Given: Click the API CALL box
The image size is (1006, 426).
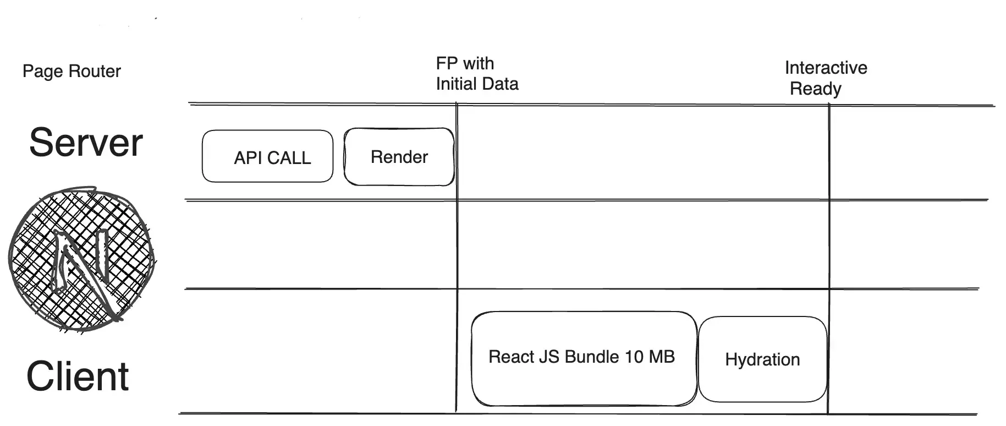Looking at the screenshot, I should pyautogui.click(x=267, y=156).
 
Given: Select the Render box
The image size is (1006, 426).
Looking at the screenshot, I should pyautogui.click(x=399, y=157).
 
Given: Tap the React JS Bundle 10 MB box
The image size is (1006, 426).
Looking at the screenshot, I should pyautogui.click(x=583, y=358).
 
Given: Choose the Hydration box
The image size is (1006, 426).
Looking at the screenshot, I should pyautogui.click(x=762, y=359).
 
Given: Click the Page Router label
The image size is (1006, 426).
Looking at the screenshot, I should pyautogui.click(x=72, y=72).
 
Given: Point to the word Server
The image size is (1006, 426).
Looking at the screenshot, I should pyautogui.click(x=86, y=143).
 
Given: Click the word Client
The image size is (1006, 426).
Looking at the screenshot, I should pyautogui.click(x=78, y=377).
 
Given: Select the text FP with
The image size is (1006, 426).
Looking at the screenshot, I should pyautogui.click(x=465, y=63).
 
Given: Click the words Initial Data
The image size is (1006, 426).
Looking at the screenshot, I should pyautogui.click(x=477, y=84).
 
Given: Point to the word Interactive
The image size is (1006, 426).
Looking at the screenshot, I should pyautogui.click(x=826, y=68).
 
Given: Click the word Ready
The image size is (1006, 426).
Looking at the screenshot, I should pyautogui.click(x=815, y=89).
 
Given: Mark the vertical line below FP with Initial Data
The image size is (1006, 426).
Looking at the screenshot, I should pyautogui.click(x=457, y=248).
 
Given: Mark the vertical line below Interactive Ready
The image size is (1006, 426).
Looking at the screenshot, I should pyautogui.click(x=829, y=248).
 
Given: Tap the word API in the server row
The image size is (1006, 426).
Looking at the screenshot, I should pyautogui.click(x=248, y=158).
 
